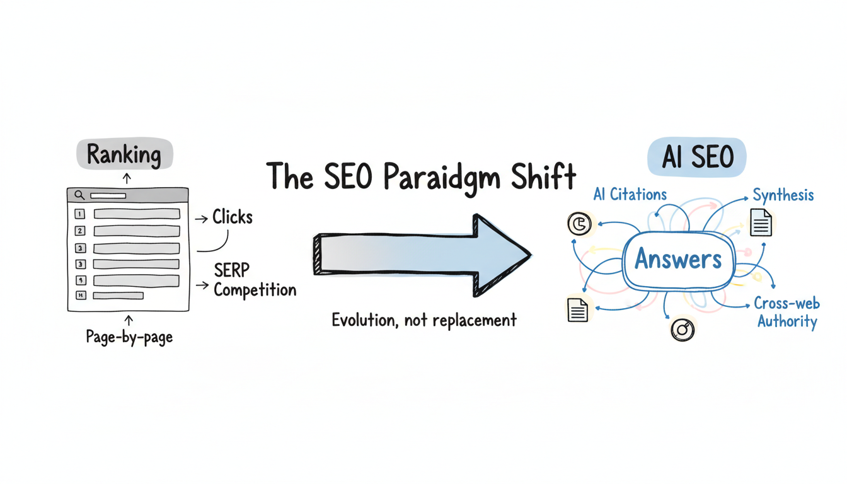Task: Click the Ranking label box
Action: point(124,154)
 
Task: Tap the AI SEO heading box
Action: point(696,157)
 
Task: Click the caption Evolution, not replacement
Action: point(423,320)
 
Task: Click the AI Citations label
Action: point(630,195)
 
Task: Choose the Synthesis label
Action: point(783,195)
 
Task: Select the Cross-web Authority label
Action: point(787,313)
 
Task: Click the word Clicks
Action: point(232,217)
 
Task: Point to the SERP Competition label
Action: point(254,280)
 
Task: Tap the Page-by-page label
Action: point(129,337)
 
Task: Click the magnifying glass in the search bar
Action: point(79,195)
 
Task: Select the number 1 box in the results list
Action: point(80,214)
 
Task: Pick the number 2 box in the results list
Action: point(80,231)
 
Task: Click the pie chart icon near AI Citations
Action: point(579,224)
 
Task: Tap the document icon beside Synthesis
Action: point(761,222)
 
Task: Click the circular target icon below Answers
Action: point(683,329)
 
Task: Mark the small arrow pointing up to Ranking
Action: point(127,179)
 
